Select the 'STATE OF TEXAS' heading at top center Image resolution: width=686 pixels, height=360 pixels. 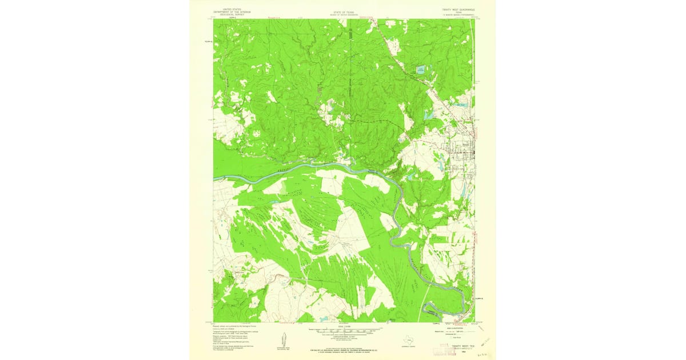coord(343,10)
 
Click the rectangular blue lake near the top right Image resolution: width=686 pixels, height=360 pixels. coord(420,70)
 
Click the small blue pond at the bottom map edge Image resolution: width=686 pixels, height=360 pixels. coord(392,319)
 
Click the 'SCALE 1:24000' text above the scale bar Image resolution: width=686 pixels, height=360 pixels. coord(343,326)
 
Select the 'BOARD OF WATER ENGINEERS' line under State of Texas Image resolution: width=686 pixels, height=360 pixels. coord(343,14)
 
